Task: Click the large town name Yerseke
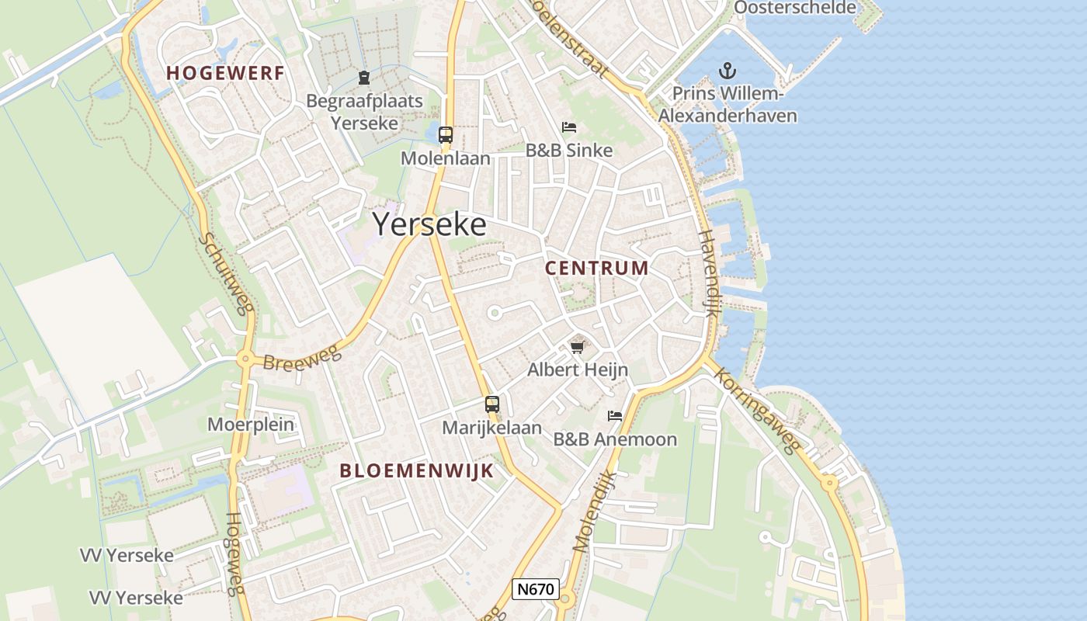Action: [429, 224]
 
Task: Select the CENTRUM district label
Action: [596, 269]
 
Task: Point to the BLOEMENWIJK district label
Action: [417, 470]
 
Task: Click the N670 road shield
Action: [536, 589]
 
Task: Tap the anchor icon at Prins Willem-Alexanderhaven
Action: [727, 71]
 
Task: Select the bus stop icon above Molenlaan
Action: [445, 134]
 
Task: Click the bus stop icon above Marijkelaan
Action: [491, 404]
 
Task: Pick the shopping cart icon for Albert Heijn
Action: [577, 346]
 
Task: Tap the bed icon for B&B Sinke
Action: [569, 127]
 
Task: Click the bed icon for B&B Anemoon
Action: [615, 416]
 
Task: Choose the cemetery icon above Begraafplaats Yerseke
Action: [363, 77]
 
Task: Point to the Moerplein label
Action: [251, 424]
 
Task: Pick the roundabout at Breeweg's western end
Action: [246, 358]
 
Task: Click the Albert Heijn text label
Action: [578, 369]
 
